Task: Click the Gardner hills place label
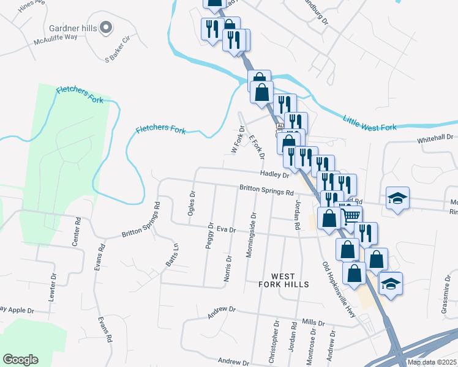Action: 72,28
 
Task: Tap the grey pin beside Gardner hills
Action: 106,28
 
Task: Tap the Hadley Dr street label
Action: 274,174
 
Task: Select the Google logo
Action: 20,359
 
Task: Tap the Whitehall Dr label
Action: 436,139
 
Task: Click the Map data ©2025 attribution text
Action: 432,362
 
